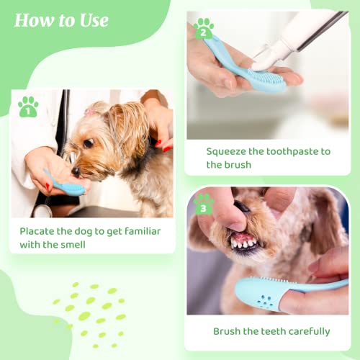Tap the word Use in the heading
pos(93,20)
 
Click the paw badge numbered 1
pos(28,107)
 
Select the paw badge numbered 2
pos(204,30)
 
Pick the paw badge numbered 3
pos(204,207)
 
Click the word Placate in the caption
pos(40,231)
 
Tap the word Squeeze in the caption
pos(229,151)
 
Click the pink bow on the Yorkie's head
pos(91,112)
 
